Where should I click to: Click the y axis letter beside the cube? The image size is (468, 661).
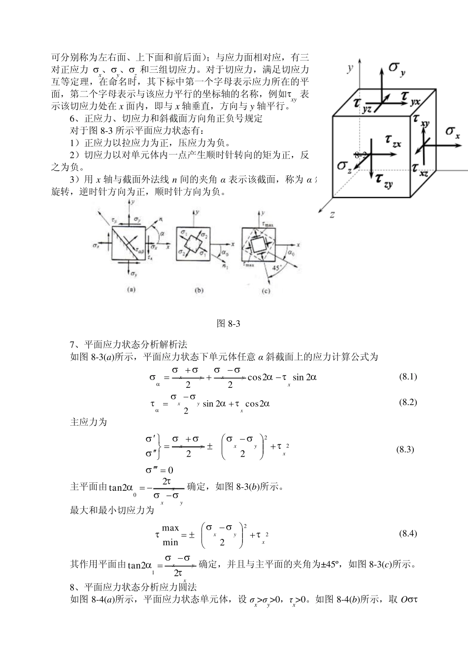click(350, 67)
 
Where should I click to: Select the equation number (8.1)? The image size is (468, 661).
click(407, 377)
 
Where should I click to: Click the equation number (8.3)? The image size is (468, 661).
click(405, 449)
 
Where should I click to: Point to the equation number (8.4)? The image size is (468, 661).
click(407, 534)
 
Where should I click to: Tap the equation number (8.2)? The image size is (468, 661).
click(407, 402)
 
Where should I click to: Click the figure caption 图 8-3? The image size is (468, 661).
click(228, 323)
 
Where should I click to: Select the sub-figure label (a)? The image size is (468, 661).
click(131, 290)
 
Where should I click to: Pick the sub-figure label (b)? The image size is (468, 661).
click(199, 290)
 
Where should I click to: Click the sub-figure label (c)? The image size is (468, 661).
click(266, 291)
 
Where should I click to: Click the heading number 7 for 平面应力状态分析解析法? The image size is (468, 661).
click(72, 345)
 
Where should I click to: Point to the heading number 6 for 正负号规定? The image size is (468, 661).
click(72, 118)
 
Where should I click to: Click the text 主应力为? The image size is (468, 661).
click(89, 422)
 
